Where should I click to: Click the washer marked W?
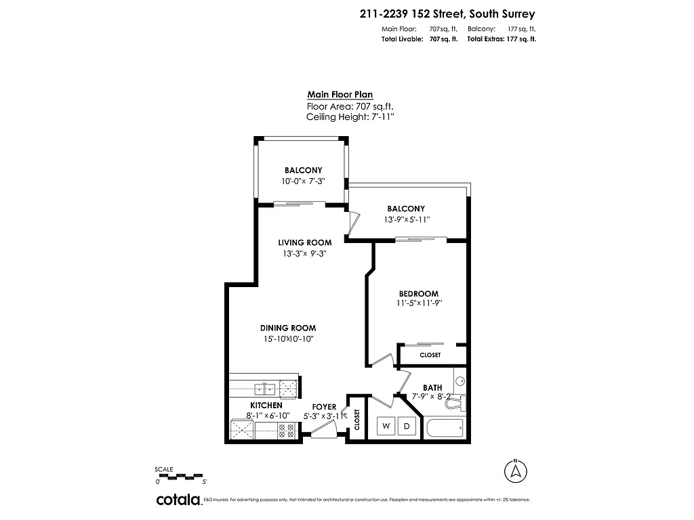pyautogui.click(x=386, y=426)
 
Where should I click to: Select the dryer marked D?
pyautogui.click(x=407, y=426)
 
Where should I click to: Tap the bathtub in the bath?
pyautogui.click(x=445, y=428)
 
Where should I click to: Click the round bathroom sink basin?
pyautogui.click(x=460, y=381)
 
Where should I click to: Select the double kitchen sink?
pyautogui.click(x=264, y=389)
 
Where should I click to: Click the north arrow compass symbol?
pyautogui.click(x=516, y=469)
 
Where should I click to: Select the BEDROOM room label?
pyautogui.click(x=413, y=293)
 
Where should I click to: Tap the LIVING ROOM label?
pyautogui.click(x=304, y=242)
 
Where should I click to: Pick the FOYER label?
pyautogui.click(x=325, y=407)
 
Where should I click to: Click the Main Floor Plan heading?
pyautogui.click(x=340, y=95)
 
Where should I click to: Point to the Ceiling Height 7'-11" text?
pyautogui.click(x=350, y=117)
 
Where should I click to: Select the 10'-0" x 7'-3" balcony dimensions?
pyautogui.click(x=303, y=182)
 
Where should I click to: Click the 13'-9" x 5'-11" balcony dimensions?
pyautogui.click(x=406, y=220)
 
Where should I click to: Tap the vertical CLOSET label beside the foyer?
pyautogui.click(x=356, y=420)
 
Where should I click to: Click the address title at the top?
pyautogui.click(x=447, y=13)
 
